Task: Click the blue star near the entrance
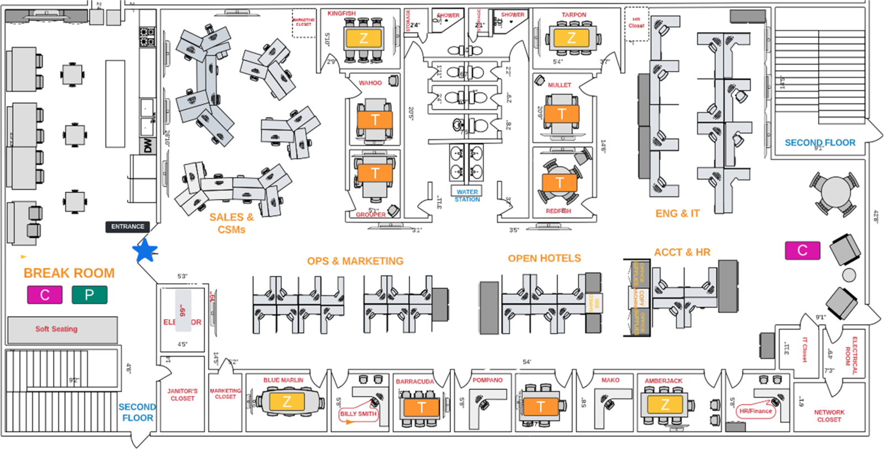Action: coord(145,250)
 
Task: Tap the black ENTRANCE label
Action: coord(128,227)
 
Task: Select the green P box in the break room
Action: coord(90,295)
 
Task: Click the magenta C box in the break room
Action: coord(45,295)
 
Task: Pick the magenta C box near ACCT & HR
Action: coord(802,250)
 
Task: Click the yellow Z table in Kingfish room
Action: coord(364,38)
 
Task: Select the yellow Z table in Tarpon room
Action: coord(571,38)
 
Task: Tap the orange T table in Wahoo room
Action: coord(375,119)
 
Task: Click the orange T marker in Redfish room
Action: coord(560,182)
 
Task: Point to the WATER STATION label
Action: coord(467,195)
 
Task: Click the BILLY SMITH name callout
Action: coord(359,414)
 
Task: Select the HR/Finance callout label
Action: coord(755,411)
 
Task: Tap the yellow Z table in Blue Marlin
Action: coord(287,402)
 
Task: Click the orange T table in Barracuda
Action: coord(422,408)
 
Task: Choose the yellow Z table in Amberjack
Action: coord(665,404)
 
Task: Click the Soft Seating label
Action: coord(56,329)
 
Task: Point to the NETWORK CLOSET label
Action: coord(829,416)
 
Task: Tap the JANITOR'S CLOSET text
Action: coord(182,394)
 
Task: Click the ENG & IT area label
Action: coord(677,213)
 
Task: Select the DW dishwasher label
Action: coord(148,146)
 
